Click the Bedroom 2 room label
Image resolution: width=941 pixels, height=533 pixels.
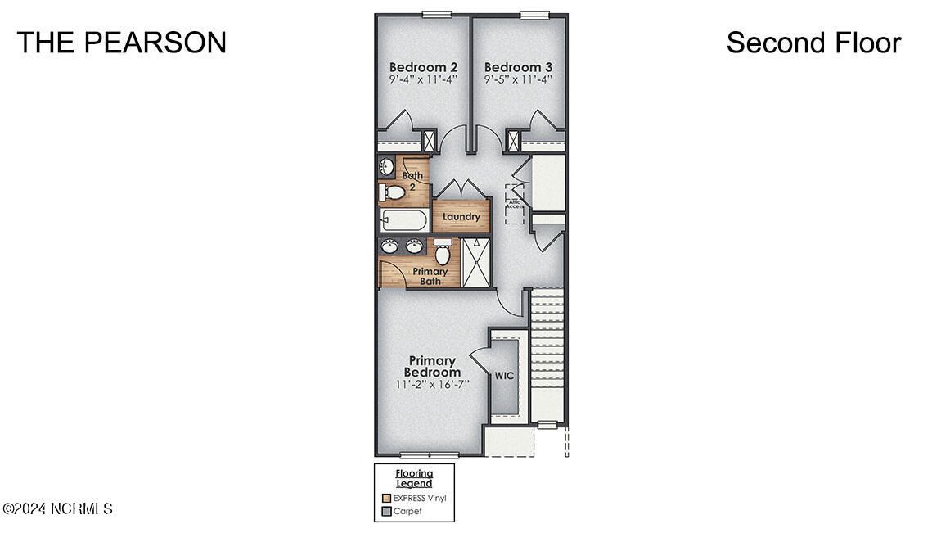423,67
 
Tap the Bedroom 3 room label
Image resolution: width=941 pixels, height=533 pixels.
518,67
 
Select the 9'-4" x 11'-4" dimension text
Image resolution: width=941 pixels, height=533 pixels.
423,79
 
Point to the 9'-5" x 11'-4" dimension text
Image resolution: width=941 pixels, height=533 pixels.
518,79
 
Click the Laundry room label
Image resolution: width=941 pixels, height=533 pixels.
461,217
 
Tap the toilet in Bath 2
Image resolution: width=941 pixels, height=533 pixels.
393,192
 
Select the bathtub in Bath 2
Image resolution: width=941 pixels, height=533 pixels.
404,221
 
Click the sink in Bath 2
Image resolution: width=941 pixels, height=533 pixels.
387,168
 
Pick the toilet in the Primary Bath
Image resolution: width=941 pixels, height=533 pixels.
443,251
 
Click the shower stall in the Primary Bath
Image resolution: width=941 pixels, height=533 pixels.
476,262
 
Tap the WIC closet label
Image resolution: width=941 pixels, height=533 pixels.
504,376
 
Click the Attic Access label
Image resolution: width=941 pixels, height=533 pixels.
514,204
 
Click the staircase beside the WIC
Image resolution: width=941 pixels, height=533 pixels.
547,352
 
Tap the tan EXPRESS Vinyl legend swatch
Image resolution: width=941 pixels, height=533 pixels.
387,498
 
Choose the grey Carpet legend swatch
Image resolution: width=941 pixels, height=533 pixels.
387,511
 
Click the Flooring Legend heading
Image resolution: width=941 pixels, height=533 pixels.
414,478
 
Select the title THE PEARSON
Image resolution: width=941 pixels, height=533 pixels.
122,43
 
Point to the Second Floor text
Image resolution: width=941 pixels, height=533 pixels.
813,43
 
